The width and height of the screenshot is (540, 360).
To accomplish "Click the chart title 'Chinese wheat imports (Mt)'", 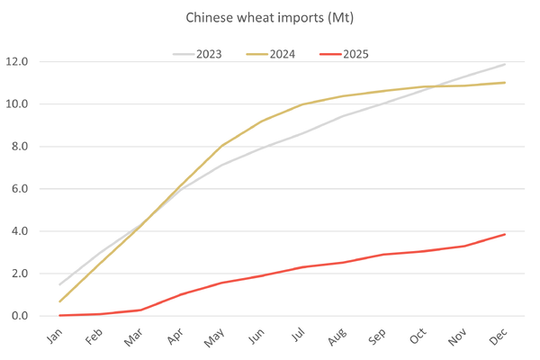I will point(270,17).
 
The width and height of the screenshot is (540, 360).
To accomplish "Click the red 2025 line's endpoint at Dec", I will point(505,234).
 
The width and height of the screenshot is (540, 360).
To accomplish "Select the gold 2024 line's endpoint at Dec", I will point(505,83).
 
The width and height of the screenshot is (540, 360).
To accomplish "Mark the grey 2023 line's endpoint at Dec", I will point(505,64).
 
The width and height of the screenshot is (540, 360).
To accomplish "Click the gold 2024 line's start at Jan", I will point(60,301).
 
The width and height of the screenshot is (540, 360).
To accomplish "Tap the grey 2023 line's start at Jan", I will point(60,284).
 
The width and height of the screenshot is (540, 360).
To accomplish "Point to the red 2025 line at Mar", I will point(141,310).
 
